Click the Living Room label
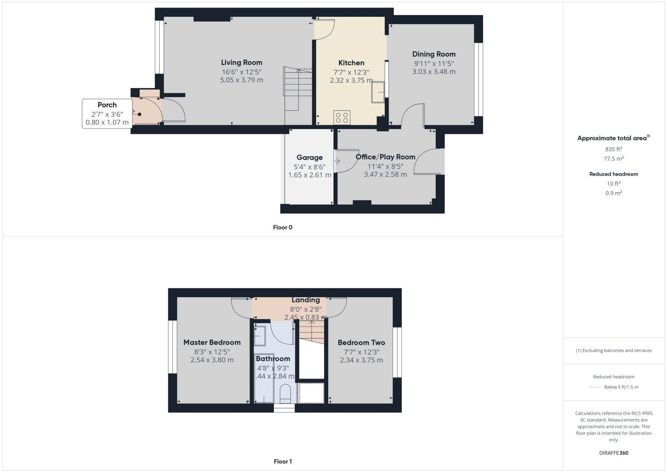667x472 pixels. point(241,63)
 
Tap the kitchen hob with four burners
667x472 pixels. point(342,117)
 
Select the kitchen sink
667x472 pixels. point(378,92)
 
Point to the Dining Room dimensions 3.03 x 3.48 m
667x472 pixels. point(434,72)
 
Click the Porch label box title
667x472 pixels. point(107,105)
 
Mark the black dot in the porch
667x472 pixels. point(139,114)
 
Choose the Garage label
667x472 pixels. point(309,157)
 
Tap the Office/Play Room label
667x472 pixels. point(386,157)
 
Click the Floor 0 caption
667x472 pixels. point(282,227)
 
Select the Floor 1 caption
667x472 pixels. point(282,461)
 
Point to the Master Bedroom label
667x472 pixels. point(212,343)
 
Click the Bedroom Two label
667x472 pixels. point(362,343)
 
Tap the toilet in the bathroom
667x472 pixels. point(285,394)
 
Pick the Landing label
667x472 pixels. point(305,300)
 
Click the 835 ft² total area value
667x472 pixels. point(613,149)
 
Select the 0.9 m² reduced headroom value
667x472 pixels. point(613,193)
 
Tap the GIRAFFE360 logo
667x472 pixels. point(613,453)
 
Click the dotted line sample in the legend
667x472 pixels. point(595,387)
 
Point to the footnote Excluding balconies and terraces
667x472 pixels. point(613,351)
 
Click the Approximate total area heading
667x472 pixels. point(613,138)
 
